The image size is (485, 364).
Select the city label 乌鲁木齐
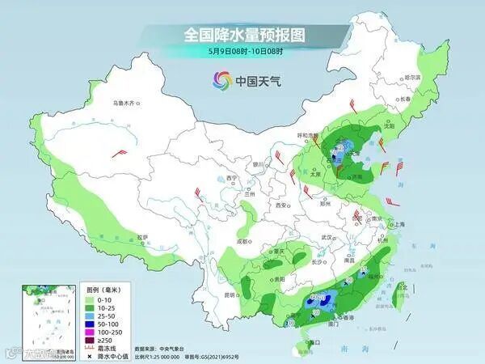126,103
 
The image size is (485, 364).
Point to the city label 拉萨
143,237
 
